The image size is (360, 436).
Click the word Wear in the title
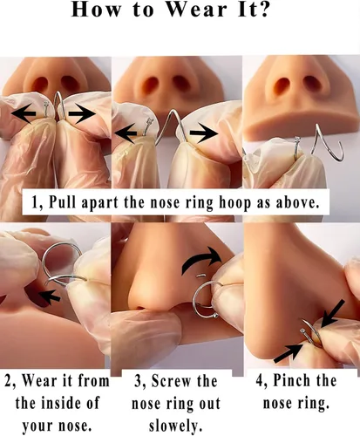pyautogui.click(x=196, y=10)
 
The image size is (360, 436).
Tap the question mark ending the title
pyautogui.click(x=262, y=10)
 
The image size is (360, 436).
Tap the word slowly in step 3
pyautogui.click(x=175, y=426)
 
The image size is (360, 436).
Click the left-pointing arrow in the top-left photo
pyautogui.click(x=24, y=113)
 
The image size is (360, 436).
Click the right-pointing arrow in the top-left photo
pyautogui.click(x=82, y=112)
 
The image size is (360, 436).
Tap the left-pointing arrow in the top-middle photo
pyautogui.click(x=126, y=133)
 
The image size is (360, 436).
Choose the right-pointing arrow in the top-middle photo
pyautogui.click(x=204, y=133)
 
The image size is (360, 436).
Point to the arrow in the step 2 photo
pyautogui.click(x=50, y=296)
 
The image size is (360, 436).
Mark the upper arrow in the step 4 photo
pyautogui.click(x=333, y=313)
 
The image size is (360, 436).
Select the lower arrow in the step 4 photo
pyautogui.click(x=289, y=352)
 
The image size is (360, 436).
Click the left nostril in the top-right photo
pyautogui.click(x=282, y=85)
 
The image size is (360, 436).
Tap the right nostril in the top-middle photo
pyautogui.click(x=180, y=84)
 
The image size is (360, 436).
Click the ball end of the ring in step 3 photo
pyautogui.click(x=215, y=316)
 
